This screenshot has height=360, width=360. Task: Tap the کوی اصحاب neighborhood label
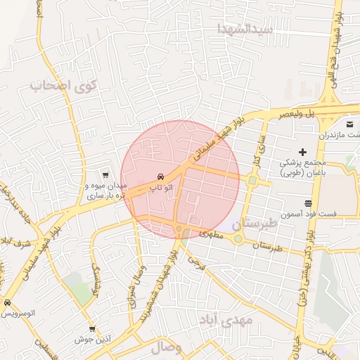coord(63,86)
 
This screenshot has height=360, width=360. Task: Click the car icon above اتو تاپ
coord(161,176)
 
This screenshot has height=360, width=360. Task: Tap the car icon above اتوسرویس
coord(8,304)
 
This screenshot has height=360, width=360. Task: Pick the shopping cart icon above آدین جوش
coord(92,329)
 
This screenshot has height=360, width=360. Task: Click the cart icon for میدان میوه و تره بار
coord(105,175)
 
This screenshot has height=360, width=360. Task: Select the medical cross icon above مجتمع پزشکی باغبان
coord(302,152)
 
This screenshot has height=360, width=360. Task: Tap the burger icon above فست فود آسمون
coord(307,203)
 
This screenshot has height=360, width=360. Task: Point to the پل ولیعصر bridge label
coord(303,112)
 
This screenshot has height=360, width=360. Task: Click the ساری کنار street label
coord(259,147)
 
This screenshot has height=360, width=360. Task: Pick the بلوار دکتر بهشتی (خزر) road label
coord(309,267)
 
